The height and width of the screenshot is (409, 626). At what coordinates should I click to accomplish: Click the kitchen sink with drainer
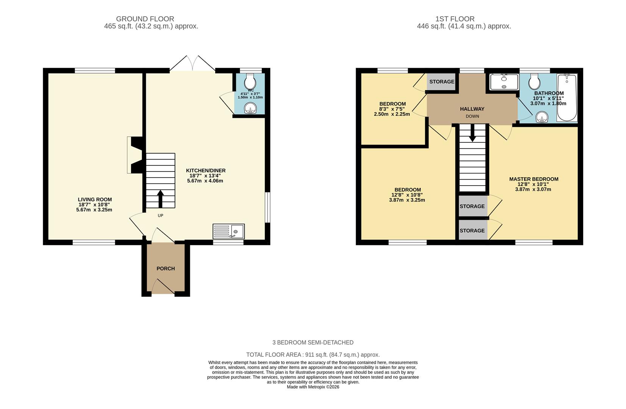(228, 231)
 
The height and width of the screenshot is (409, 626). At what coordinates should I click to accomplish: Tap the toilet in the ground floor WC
(250, 81)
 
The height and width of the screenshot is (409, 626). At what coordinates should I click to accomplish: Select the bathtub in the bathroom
(567, 98)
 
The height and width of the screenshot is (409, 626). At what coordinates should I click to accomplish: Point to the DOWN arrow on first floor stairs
(472, 134)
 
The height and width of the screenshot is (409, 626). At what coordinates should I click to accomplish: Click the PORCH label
(166, 269)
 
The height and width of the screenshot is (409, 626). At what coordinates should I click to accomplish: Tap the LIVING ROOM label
(95, 200)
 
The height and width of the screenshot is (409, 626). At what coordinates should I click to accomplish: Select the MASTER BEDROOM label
(534, 179)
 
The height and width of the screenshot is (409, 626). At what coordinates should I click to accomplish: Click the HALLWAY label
(472, 109)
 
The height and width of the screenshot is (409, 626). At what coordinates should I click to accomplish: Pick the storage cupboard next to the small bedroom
(441, 82)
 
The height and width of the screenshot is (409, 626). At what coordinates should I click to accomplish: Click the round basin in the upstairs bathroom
(542, 118)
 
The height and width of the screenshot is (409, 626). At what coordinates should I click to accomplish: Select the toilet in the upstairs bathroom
(535, 81)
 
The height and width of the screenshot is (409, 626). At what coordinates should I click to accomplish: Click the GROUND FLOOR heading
(145, 19)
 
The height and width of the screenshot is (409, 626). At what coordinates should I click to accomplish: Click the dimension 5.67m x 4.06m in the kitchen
(205, 181)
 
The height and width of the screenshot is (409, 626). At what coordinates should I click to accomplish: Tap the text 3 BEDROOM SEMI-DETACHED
(313, 342)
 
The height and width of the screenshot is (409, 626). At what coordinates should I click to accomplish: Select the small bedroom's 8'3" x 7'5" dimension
(392, 109)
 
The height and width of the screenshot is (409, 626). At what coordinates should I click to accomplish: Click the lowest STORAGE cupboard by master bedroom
(472, 231)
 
